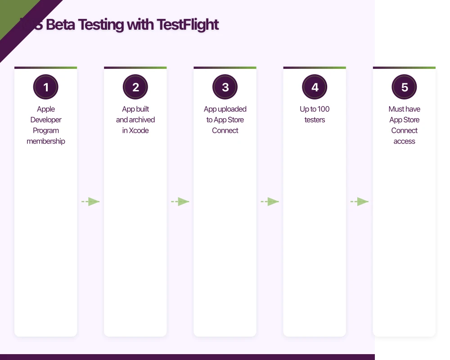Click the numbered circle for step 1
(46, 87)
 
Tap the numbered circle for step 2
(135, 87)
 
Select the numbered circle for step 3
(225, 87)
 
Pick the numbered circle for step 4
(315, 87)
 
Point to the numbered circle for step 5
(405, 87)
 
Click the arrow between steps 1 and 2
(90, 202)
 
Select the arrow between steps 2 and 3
(180, 202)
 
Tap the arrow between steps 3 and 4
(270, 202)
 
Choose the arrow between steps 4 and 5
(360, 202)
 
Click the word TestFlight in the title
(188, 25)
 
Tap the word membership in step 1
(46, 141)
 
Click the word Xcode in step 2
(139, 130)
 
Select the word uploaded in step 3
(232, 109)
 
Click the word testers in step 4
(315, 120)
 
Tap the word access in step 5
(405, 141)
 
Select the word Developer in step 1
(46, 120)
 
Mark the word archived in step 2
(142, 120)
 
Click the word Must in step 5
(396, 109)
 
